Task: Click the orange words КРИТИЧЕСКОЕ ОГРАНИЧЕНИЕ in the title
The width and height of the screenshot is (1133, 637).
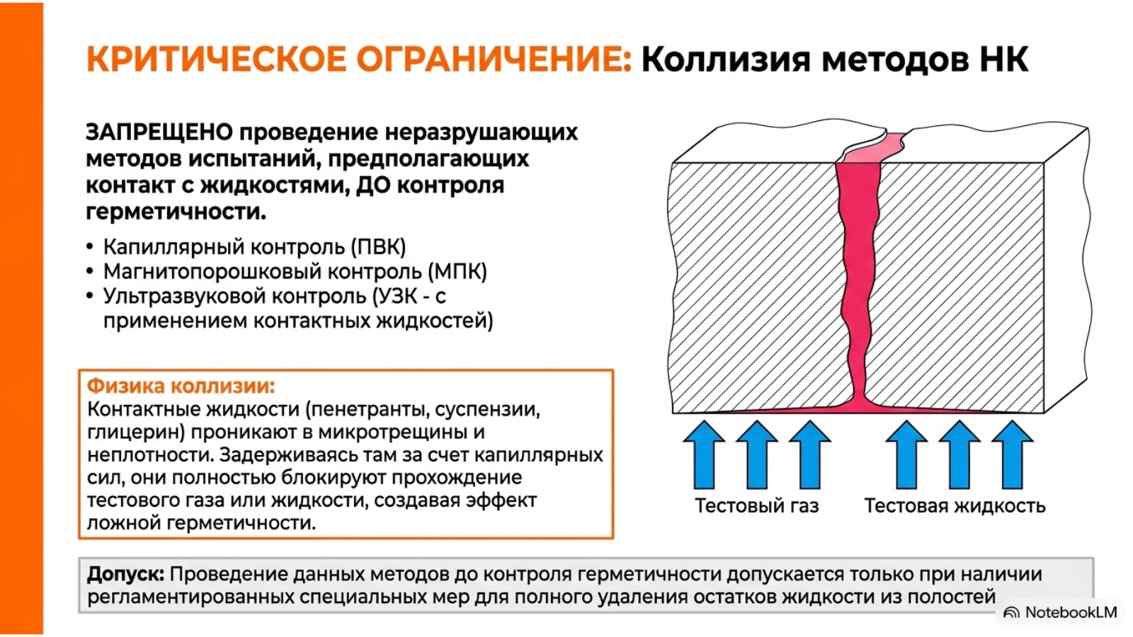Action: [359, 59]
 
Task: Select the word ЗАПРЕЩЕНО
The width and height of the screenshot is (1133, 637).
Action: [159, 132]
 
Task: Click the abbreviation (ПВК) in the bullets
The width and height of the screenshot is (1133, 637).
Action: [379, 247]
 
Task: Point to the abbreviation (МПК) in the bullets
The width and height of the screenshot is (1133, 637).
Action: [457, 272]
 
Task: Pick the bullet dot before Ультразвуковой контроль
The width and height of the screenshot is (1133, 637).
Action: [90, 297]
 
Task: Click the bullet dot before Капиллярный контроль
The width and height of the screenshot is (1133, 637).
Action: [90, 247]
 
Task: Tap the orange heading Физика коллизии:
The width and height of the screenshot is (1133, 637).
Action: [181, 386]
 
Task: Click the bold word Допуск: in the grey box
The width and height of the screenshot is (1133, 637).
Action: [126, 574]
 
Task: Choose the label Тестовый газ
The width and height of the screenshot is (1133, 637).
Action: [757, 505]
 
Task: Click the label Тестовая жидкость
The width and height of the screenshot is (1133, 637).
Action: [955, 505]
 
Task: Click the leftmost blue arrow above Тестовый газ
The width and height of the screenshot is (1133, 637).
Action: [704, 455]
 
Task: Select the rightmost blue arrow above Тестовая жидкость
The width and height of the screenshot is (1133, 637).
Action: [1012, 455]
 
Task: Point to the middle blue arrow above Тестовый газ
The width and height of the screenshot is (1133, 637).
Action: [757, 455]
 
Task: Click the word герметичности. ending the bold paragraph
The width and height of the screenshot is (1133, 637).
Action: [176, 212]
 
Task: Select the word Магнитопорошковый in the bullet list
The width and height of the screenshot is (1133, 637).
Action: [212, 272]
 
